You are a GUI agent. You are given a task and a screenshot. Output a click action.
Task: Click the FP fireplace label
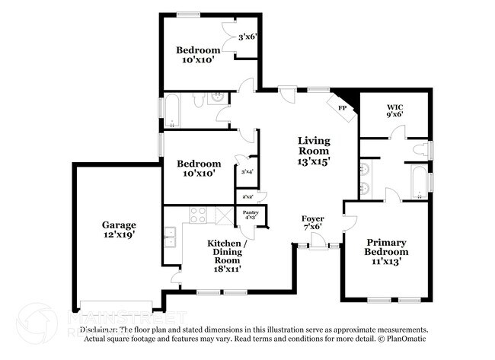(342, 108)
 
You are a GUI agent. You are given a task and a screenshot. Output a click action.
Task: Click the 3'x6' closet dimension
(248, 37)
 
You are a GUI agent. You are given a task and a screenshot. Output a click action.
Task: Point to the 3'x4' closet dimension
(247, 172)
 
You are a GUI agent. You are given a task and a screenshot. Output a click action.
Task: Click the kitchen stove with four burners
(198, 215)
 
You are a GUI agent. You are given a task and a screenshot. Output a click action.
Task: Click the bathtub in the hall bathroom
(172, 111)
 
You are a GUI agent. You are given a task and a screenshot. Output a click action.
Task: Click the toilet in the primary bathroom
(420, 150)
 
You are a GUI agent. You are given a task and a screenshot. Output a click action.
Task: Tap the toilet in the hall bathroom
(197, 99)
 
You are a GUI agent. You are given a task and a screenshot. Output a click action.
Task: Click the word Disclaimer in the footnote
(99, 330)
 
